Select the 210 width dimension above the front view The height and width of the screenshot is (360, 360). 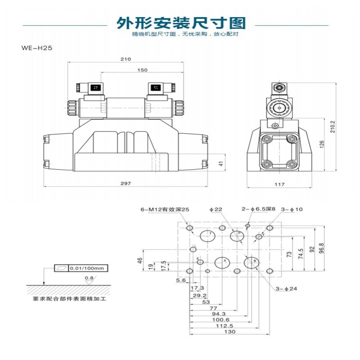126,59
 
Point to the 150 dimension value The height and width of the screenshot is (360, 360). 142,70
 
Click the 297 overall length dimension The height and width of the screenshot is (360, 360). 126,183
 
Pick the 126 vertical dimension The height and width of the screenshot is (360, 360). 321,144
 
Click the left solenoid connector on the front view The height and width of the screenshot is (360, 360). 95,88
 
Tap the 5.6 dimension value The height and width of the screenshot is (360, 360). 181,280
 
